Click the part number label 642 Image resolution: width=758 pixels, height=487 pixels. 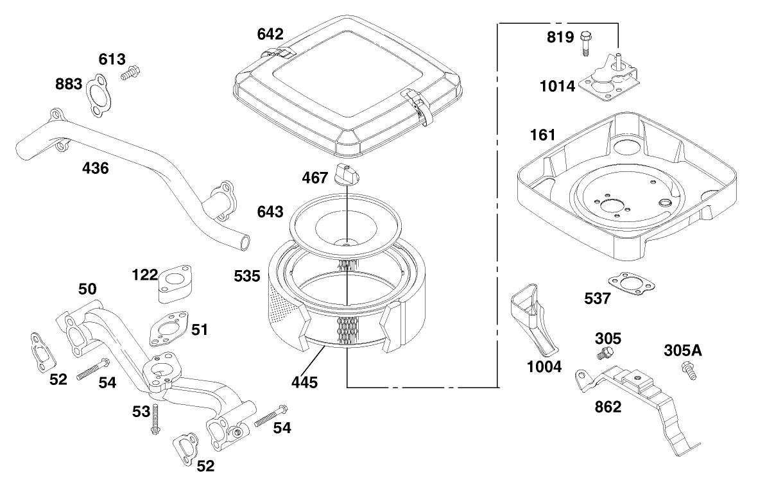270,33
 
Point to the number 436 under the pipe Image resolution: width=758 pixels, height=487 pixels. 96,169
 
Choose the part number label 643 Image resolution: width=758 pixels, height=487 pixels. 270,211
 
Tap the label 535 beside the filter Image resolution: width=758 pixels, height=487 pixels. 246,277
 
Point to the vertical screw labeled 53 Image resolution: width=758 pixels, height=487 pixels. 155,420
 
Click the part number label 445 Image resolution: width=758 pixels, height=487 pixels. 304,383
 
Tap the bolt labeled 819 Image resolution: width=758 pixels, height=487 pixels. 585,42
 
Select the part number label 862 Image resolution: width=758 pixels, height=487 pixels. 607,407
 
